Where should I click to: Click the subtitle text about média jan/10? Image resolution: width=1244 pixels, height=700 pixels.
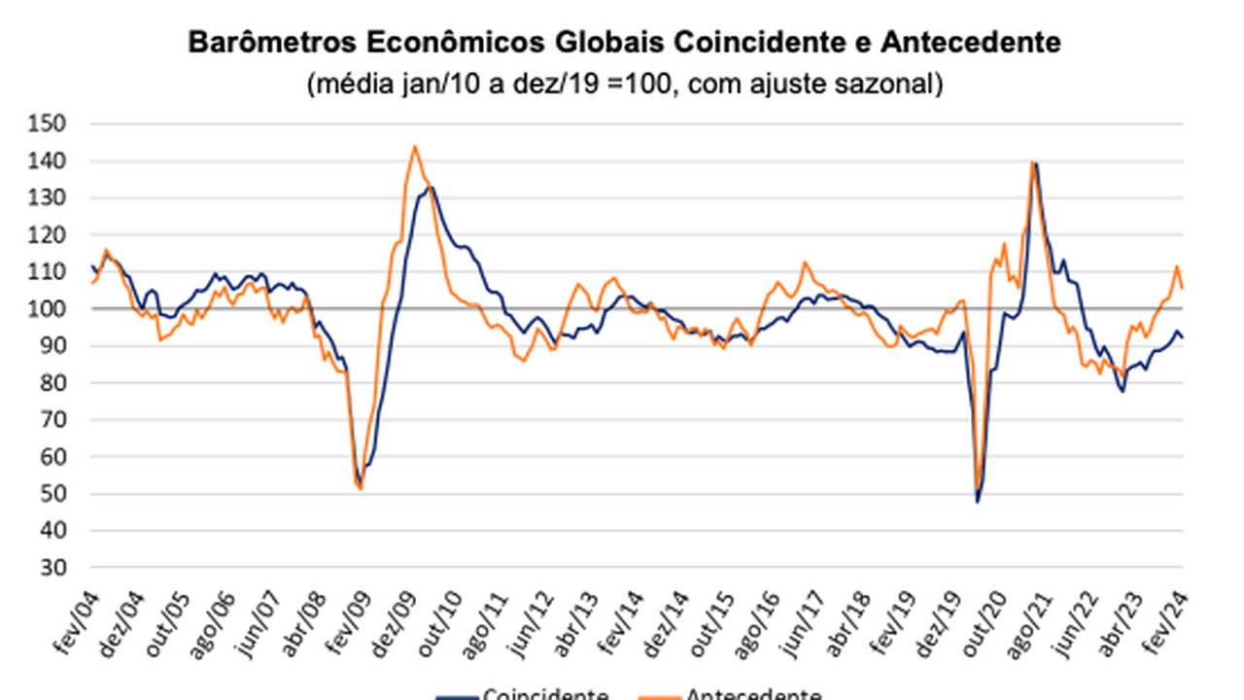coord(625,85)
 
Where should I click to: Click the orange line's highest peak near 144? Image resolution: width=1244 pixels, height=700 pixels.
coord(414,147)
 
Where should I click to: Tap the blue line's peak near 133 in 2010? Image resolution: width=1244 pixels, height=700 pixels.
coord(431,188)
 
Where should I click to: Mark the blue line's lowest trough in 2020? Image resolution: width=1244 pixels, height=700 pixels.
coord(978,502)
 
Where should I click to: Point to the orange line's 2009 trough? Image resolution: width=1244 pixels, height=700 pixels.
coord(361,489)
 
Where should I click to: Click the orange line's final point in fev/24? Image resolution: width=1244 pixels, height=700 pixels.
coord(1182,288)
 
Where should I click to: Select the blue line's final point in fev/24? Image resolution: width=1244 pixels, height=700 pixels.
coord(1182,337)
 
